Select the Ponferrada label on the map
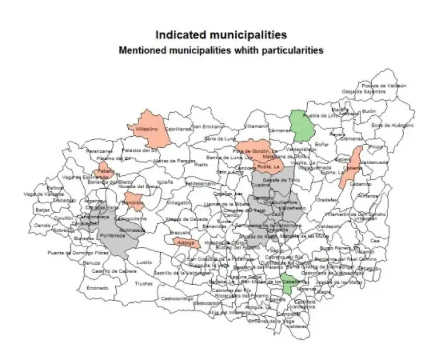pyautogui.click(x=112, y=235)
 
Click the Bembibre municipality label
pyautogui.click(x=133, y=204)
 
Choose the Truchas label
pyautogui.click(x=144, y=284)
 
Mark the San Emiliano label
pyautogui.click(x=208, y=127)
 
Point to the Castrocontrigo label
pyautogui.click(x=177, y=299)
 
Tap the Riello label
pyautogui.click(x=201, y=165)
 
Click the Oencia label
pyautogui.click(x=42, y=225)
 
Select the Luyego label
pyautogui.click(x=144, y=263)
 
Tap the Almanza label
pyautogui.click(x=369, y=196)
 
